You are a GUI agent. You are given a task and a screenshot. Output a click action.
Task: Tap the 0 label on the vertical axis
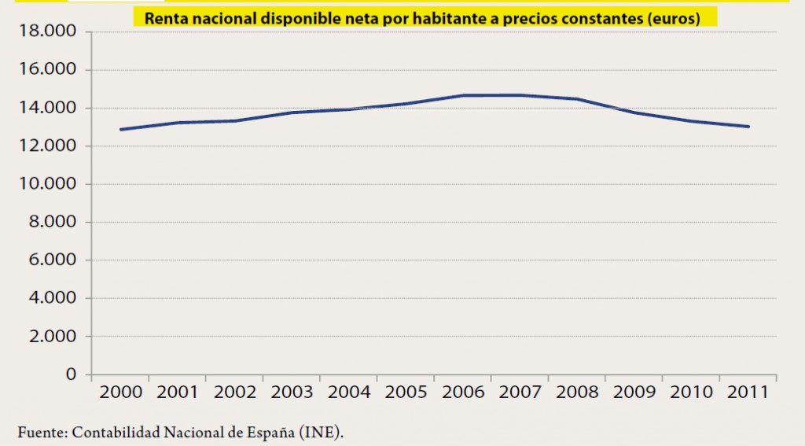pyautogui.click(x=71, y=374)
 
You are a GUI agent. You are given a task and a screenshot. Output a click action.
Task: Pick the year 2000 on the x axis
pyautogui.click(x=120, y=392)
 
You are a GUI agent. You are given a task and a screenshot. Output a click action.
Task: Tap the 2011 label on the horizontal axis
pyautogui.click(x=748, y=392)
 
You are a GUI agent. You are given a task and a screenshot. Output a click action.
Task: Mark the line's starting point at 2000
pyautogui.click(x=120, y=129)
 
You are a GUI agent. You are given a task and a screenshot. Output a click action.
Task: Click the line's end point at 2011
pyautogui.click(x=748, y=127)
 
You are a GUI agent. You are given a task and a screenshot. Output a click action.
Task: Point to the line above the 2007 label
pyautogui.click(x=520, y=95)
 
